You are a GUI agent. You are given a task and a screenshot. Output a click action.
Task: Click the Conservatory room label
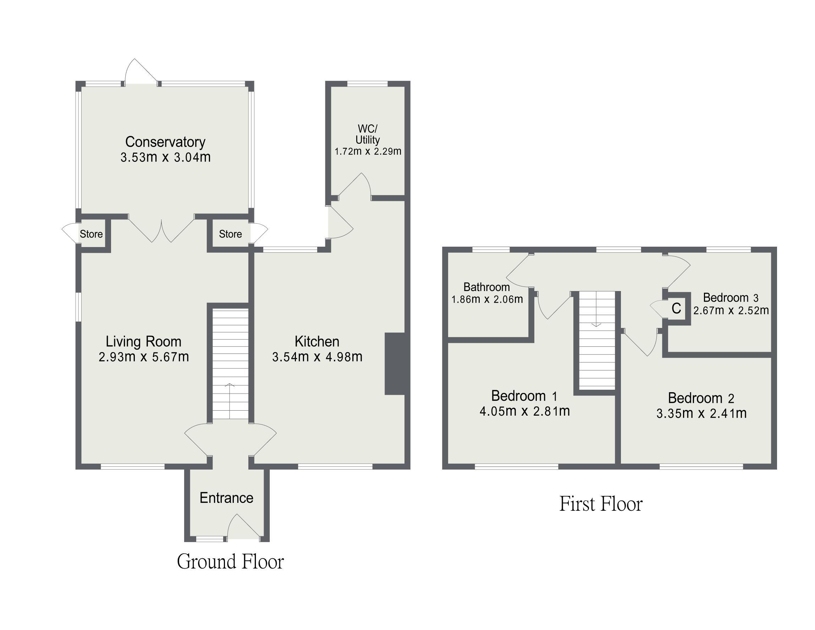click(165, 142)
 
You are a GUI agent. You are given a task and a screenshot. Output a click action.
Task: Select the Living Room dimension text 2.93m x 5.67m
click(144, 357)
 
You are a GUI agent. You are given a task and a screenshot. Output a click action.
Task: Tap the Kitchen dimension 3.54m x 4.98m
click(317, 357)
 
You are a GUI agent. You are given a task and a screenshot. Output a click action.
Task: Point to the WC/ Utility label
click(368, 135)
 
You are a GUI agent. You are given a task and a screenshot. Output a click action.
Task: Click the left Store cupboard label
click(91, 234)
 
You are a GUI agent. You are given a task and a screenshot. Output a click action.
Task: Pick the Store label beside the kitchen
click(230, 234)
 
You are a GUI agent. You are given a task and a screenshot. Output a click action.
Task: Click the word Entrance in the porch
click(226, 498)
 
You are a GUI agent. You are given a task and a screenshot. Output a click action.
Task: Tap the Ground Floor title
click(230, 561)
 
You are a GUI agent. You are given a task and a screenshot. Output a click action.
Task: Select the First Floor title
click(601, 504)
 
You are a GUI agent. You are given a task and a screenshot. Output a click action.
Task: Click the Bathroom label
click(486, 287)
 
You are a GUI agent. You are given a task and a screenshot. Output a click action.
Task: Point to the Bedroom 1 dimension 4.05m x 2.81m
click(525, 411)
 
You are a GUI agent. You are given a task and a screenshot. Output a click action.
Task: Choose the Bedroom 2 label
click(701, 398)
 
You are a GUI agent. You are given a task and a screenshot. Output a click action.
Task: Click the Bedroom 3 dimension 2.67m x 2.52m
click(731, 311)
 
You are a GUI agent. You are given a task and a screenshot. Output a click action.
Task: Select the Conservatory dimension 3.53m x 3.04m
click(165, 157)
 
